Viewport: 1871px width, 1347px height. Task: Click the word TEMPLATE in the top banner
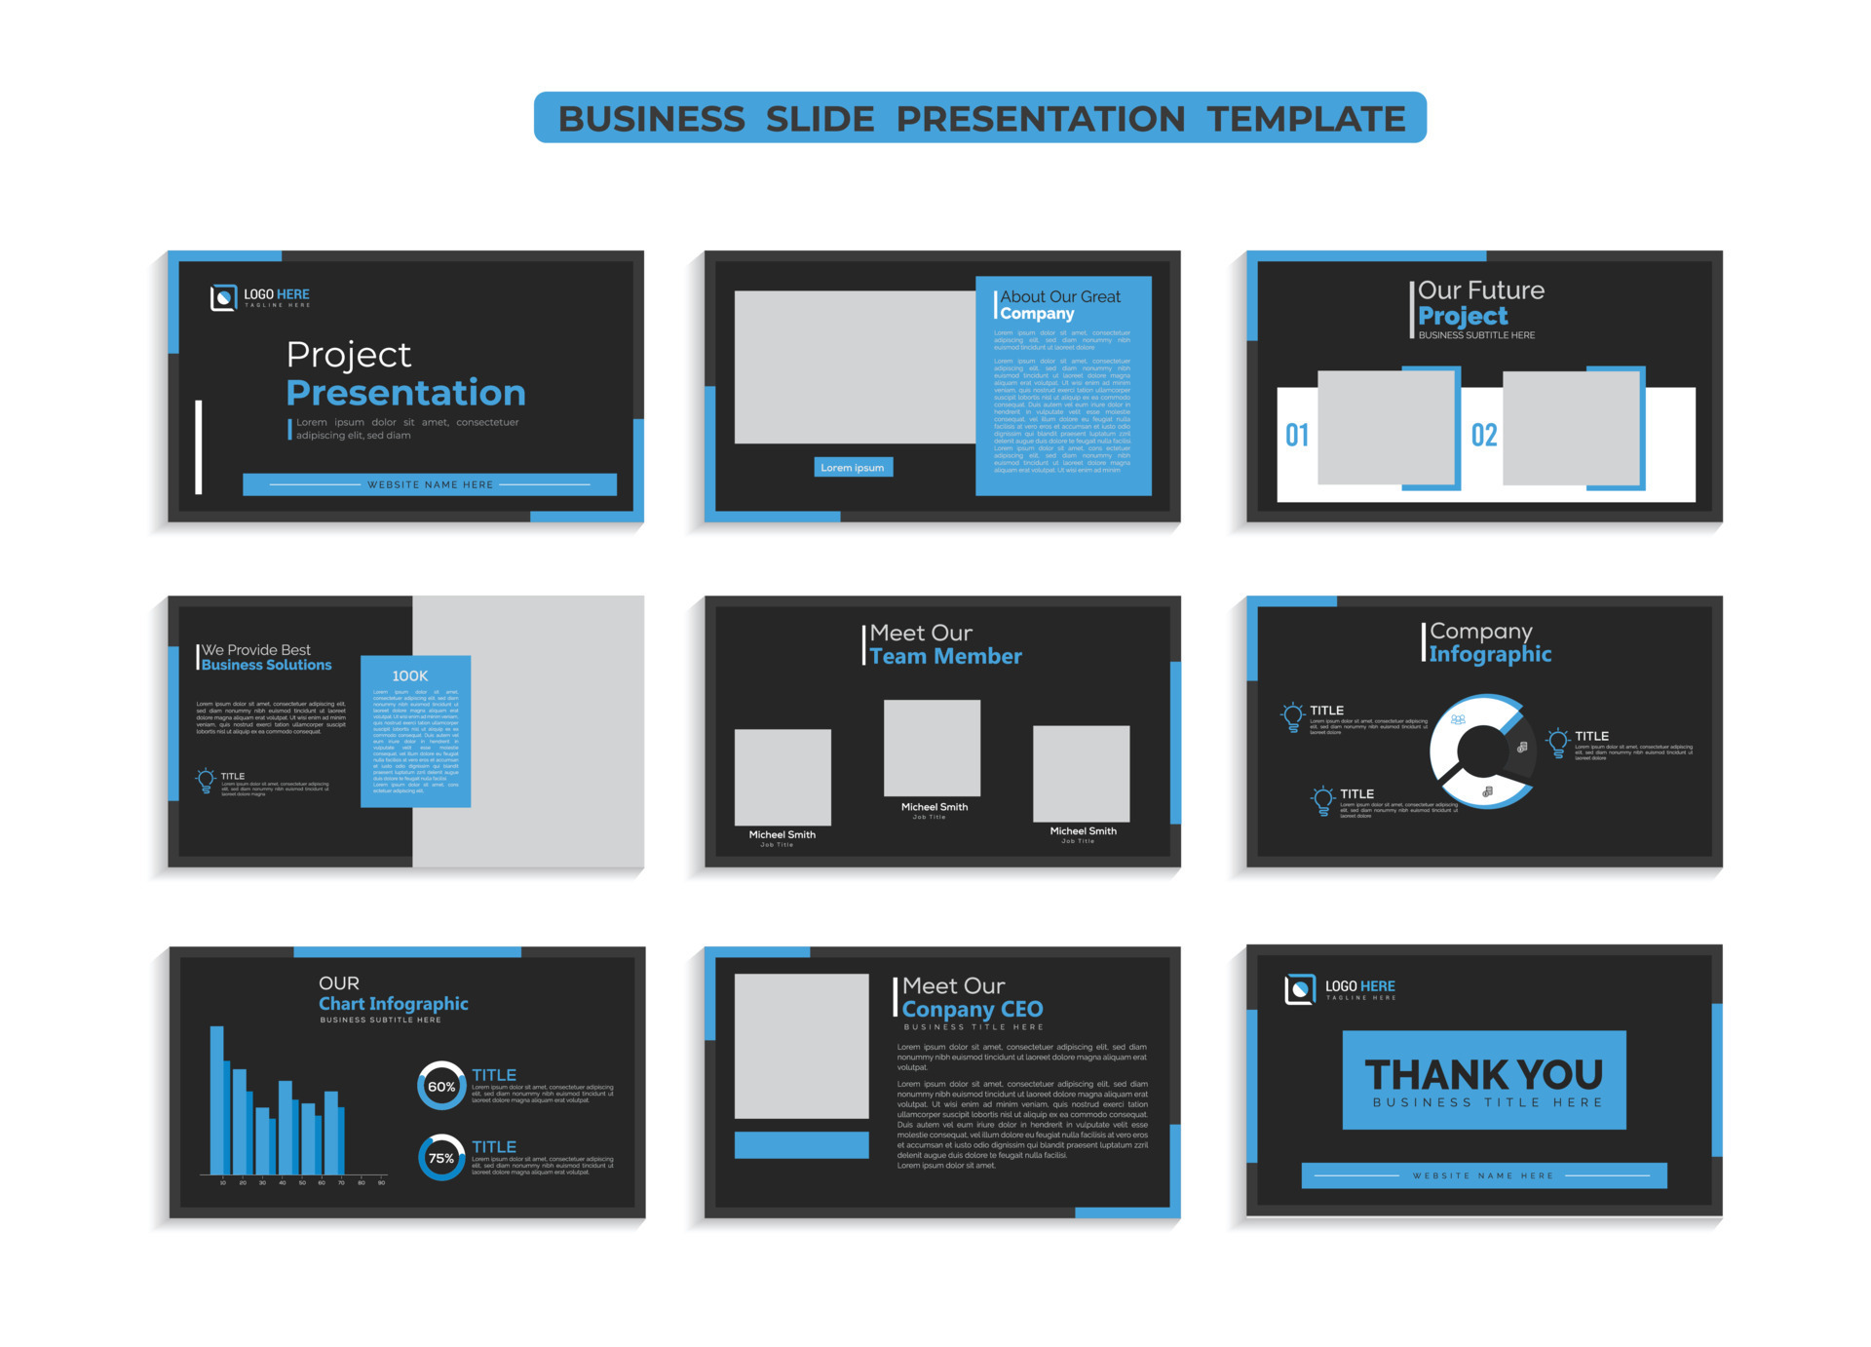1306,119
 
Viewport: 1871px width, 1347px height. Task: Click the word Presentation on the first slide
405,393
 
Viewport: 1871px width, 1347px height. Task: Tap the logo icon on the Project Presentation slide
223,297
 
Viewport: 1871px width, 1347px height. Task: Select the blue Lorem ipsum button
853,468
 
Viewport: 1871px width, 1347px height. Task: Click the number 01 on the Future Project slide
1296,435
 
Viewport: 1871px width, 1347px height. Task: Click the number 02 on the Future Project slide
1483,435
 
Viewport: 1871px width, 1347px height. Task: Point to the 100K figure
409,675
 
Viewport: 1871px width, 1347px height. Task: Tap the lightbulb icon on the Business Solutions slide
206,781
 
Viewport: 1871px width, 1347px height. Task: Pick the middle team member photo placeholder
932,748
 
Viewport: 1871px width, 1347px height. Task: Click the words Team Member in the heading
945,657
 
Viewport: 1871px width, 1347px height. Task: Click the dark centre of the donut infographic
1482,751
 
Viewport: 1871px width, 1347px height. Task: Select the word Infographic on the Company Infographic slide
1490,654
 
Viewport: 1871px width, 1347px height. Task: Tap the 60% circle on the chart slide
441,1086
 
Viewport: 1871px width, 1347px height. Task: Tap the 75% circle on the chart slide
441,1158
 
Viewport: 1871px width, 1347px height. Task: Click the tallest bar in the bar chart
217,1099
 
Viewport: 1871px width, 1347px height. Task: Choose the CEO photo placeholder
801,1046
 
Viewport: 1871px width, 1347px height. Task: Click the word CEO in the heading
1021,1010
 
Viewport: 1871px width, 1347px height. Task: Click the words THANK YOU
1483,1074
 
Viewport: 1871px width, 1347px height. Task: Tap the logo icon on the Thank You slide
1299,989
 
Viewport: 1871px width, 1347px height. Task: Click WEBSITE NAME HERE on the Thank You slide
1482,1175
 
